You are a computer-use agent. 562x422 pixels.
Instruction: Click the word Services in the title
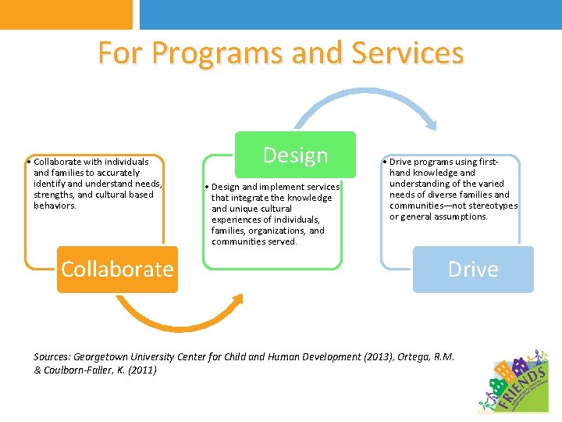pyautogui.click(x=407, y=53)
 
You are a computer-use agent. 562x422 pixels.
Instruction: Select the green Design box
pyautogui.click(x=295, y=155)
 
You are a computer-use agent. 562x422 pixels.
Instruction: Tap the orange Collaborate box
pyautogui.click(x=117, y=269)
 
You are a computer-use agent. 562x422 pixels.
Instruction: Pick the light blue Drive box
pyautogui.click(x=473, y=269)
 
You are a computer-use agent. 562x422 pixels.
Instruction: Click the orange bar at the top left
pyautogui.click(x=66, y=14)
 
